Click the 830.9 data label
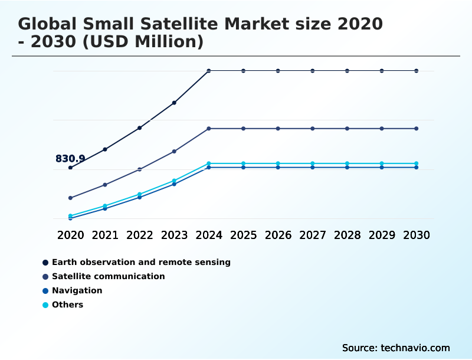click(70, 159)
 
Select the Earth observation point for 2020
click(70, 168)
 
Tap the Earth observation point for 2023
click(174, 103)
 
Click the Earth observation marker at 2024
click(209, 71)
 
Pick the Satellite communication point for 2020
click(70, 198)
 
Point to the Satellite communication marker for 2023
click(174, 152)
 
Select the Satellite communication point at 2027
click(313, 129)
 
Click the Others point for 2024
click(209, 163)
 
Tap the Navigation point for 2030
click(417, 168)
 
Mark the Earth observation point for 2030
click(417, 71)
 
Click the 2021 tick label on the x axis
click(105, 235)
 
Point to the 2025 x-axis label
click(243, 235)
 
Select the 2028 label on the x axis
click(347, 235)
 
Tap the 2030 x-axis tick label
click(417, 235)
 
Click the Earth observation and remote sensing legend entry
click(141, 262)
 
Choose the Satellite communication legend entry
click(108, 276)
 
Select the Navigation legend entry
click(77, 290)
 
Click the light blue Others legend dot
click(45, 305)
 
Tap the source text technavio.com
click(415, 348)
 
